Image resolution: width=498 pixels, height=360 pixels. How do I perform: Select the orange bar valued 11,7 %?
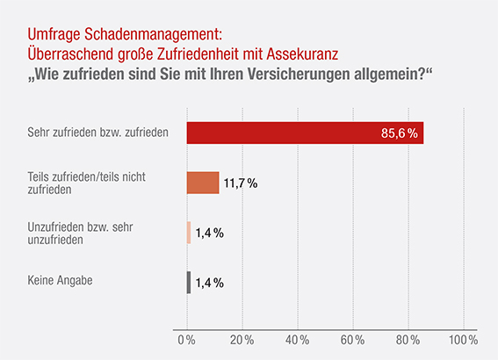203,183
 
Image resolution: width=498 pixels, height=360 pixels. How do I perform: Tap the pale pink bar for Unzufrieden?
189,233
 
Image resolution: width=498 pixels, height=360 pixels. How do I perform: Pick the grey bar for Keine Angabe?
189,282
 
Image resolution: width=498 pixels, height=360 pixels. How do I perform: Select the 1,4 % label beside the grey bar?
209,283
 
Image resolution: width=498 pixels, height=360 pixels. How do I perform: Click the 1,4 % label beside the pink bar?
209,233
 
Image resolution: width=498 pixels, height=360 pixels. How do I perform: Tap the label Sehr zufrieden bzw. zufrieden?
86,133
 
